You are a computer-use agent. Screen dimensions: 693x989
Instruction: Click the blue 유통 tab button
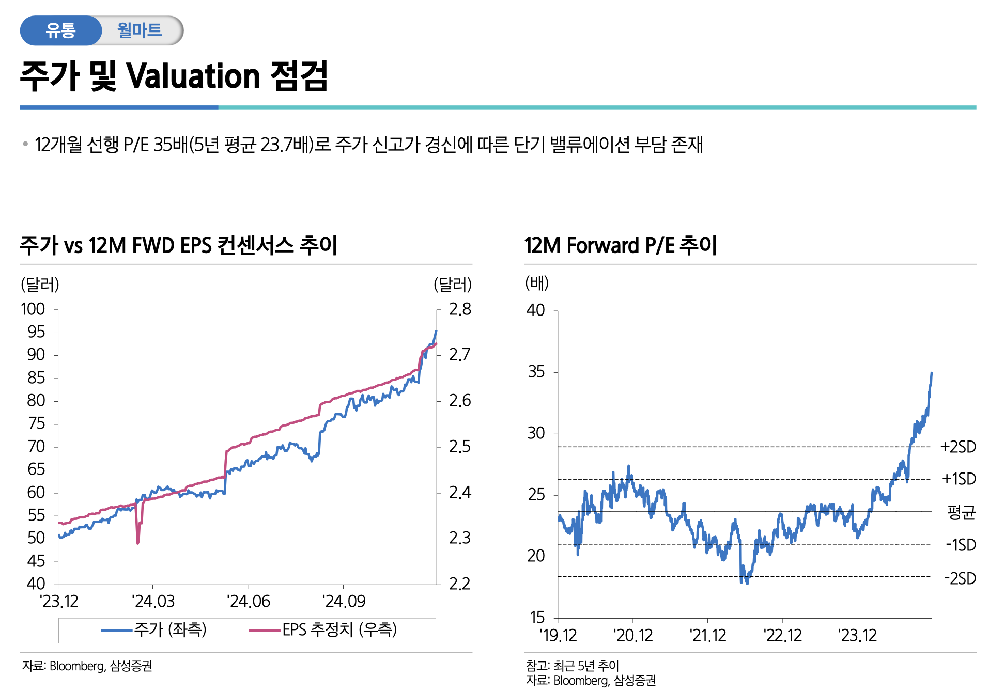coord(60,30)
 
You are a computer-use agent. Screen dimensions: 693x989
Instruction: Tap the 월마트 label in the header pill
coord(140,30)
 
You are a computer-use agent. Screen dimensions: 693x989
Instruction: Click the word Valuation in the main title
coord(193,76)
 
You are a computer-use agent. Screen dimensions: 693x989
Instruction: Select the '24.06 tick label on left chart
coord(249,602)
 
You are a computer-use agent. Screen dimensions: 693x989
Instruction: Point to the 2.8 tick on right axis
coord(460,309)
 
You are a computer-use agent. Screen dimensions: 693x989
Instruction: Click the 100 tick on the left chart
coord(33,309)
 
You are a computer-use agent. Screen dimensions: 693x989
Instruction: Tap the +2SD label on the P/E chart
coord(958,447)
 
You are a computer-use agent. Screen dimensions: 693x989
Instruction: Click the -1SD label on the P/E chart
coord(961,545)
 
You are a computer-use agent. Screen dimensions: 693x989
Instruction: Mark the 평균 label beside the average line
coord(961,512)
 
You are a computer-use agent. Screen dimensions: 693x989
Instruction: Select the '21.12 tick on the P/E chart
coord(708,635)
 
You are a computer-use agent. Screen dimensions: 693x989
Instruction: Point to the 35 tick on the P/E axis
coord(536,372)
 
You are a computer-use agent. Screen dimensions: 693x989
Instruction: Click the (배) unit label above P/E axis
coord(537,283)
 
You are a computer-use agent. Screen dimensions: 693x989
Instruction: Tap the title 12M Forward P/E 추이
coord(621,245)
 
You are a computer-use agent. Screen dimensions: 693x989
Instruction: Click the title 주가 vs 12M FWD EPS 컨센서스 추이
coord(178,245)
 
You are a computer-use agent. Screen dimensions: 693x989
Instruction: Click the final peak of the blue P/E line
coord(931,373)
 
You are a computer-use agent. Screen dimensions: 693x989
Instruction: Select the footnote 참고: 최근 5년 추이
coord(572,666)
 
